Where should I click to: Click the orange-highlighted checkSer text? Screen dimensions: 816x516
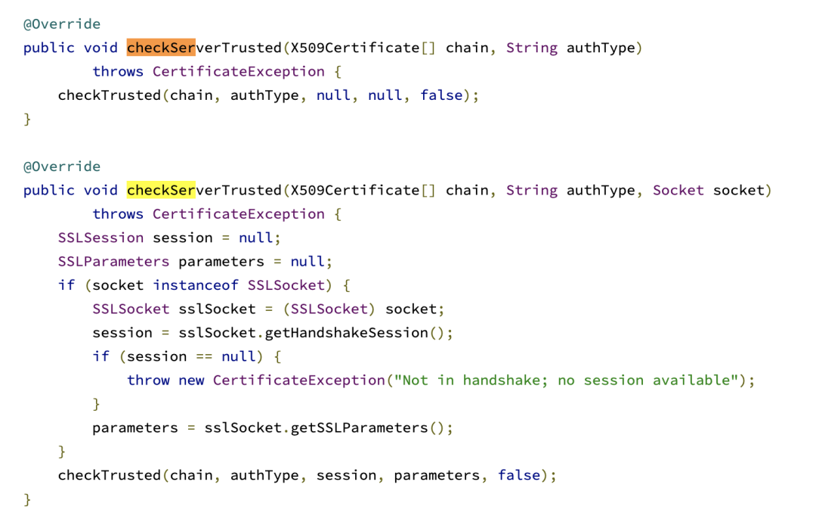pos(161,48)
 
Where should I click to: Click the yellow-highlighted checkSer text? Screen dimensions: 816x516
pos(161,190)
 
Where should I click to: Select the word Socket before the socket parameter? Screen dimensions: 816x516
pos(678,190)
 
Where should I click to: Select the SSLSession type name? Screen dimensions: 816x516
pos(100,238)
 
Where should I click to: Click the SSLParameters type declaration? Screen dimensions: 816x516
pos(113,261)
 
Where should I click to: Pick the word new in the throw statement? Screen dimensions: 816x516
pos(191,380)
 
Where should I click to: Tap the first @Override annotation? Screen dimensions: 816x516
pos(61,23)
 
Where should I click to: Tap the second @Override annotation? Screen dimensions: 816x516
pos(61,166)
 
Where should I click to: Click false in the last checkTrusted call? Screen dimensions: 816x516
pos(519,475)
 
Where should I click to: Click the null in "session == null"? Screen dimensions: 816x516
pos(238,356)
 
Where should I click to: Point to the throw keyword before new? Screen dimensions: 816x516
pos(148,380)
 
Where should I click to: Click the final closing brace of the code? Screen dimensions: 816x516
pos(27,499)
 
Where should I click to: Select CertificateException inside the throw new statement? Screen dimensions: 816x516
pos(298,380)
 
